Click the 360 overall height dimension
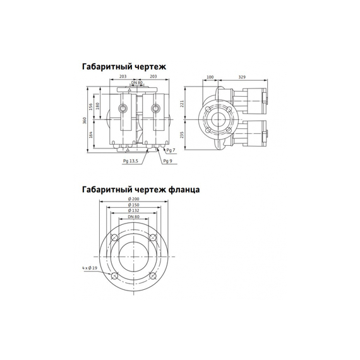(x=85, y=121)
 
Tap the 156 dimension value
(x=90, y=107)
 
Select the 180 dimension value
(x=98, y=106)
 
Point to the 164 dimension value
(x=90, y=135)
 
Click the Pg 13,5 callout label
(x=131, y=161)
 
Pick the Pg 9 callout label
(x=167, y=161)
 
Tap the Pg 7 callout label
(x=171, y=150)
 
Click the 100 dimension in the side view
(x=210, y=77)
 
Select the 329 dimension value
(x=242, y=77)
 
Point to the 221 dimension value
(x=183, y=104)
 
